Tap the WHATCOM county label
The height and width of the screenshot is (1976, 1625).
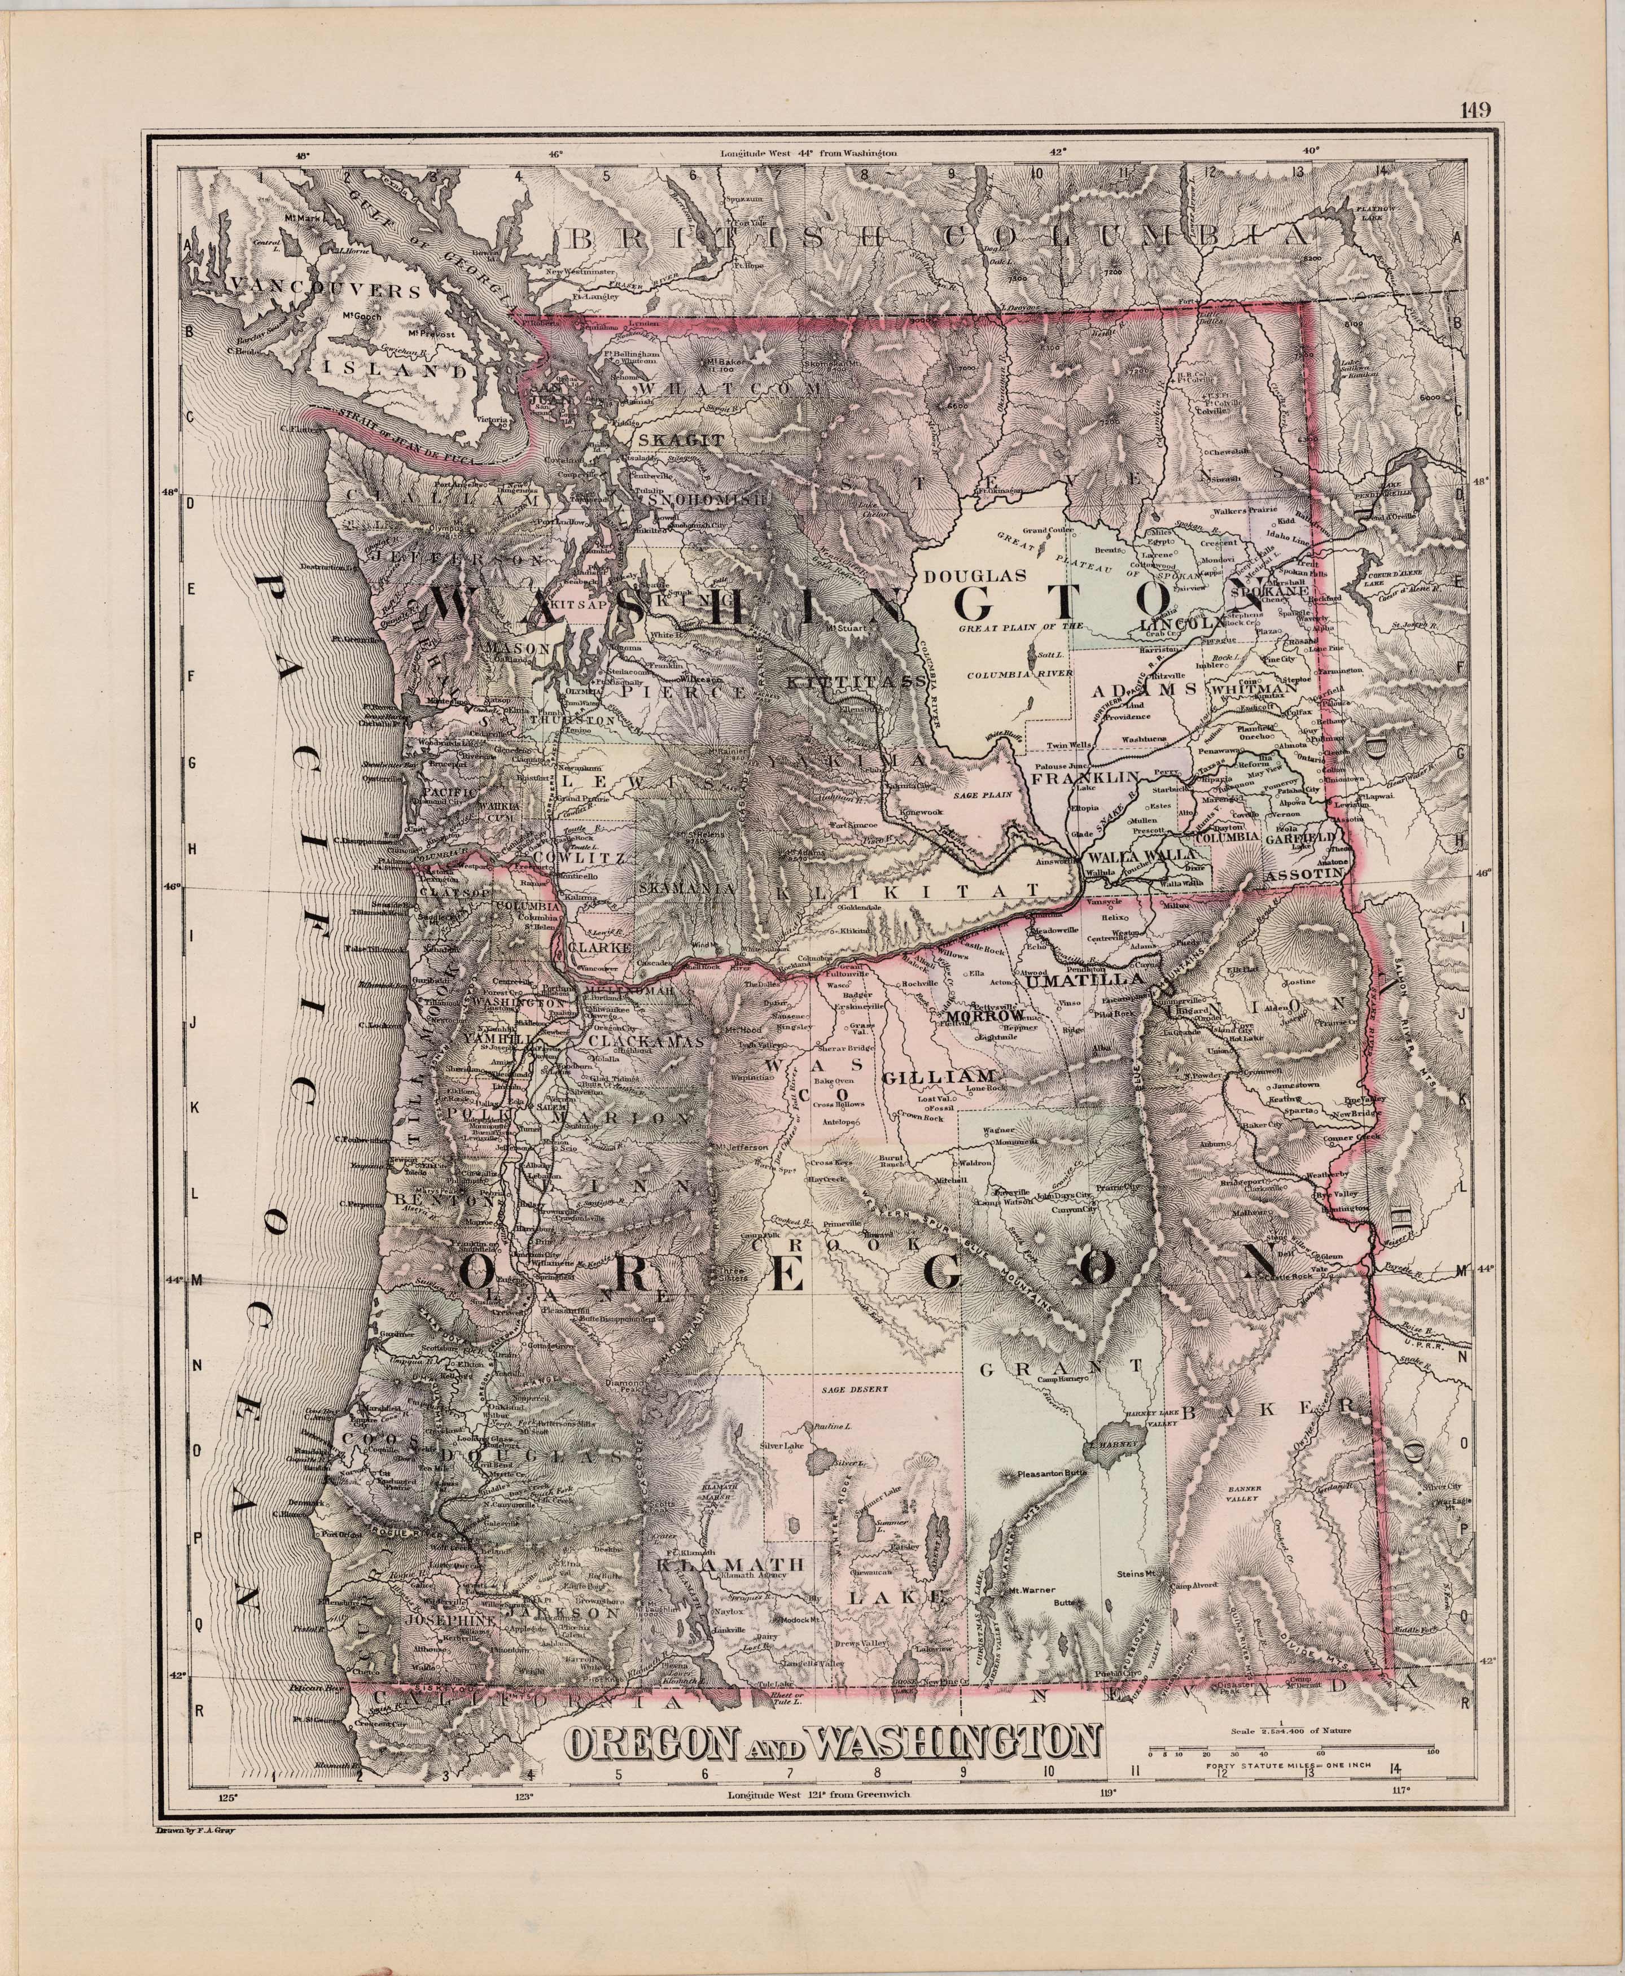[x=730, y=387]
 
